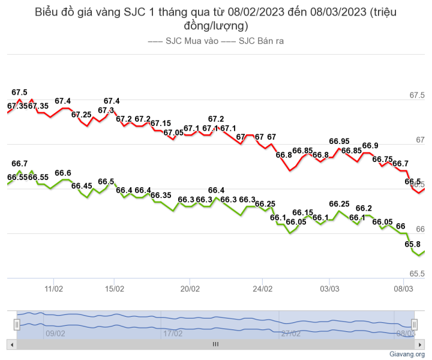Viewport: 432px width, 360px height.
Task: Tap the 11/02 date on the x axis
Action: [x=54, y=289]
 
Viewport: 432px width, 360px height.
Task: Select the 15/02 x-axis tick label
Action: [x=115, y=289]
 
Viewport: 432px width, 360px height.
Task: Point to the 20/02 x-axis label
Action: [x=190, y=289]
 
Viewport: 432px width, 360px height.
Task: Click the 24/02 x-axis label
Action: [x=263, y=289]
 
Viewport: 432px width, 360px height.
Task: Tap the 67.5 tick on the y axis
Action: [x=416, y=95]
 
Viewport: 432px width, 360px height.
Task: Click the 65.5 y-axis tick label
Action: [x=416, y=274]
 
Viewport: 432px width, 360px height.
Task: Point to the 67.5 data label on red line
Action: [x=19, y=92]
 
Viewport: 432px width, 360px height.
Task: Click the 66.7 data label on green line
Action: [x=19, y=164]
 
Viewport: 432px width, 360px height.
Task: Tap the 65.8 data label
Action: [x=413, y=244]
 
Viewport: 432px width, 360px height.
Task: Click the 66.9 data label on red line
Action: [x=371, y=146]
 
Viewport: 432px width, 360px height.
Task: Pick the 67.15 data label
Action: [x=160, y=124]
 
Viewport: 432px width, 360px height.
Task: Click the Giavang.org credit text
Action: [x=407, y=354]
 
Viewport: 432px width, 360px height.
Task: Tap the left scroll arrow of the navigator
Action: [x=11, y=344]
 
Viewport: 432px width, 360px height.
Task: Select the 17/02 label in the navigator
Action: [x=172, y=333]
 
